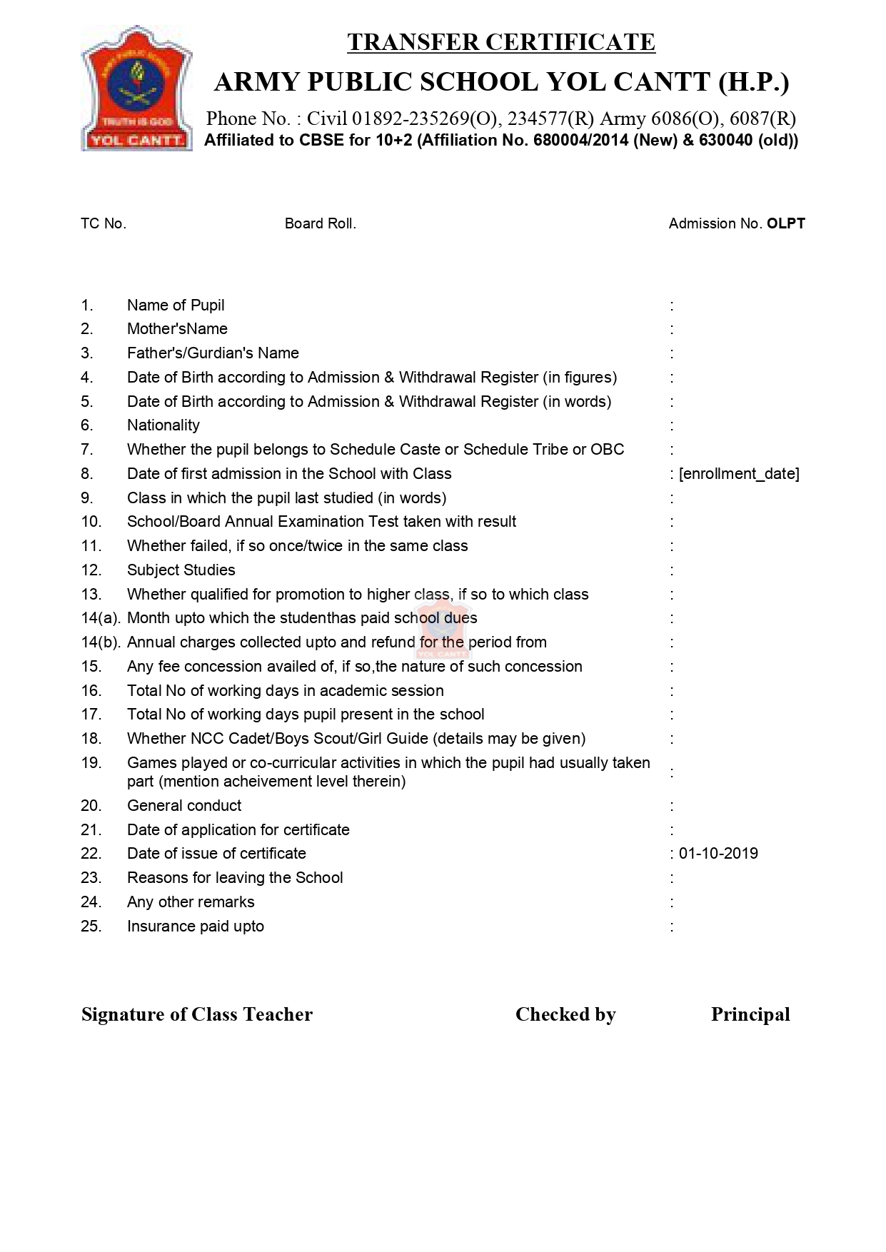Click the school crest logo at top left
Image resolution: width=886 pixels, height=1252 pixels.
pos(136,89)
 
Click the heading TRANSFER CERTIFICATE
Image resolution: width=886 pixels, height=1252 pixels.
pos(501,42)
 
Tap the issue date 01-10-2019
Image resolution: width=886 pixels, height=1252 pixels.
pos(718,854)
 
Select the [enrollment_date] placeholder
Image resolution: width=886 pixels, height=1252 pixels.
pos(739,474)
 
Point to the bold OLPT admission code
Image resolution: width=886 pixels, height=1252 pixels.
pos(785,223)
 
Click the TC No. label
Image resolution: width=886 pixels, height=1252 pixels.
pos(104,223)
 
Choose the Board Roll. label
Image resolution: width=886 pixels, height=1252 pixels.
pos(320,223)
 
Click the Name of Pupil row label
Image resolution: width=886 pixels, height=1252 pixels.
pos(176,306)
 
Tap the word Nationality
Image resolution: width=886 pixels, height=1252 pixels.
pos(163,425)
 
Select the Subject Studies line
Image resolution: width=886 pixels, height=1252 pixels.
pos(181,570)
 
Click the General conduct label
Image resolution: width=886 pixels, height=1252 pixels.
pos(184,806)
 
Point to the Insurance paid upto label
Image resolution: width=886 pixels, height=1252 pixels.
pos(196,927)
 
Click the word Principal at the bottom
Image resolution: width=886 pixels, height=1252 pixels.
pos(750,1014)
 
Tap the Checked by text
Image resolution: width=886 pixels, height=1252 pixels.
pos(565,1014)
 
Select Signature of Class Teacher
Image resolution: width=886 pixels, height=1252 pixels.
pos(197,1014)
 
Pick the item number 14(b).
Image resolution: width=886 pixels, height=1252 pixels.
pos(100,642)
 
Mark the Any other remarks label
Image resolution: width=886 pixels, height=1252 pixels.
pos(191,902)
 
